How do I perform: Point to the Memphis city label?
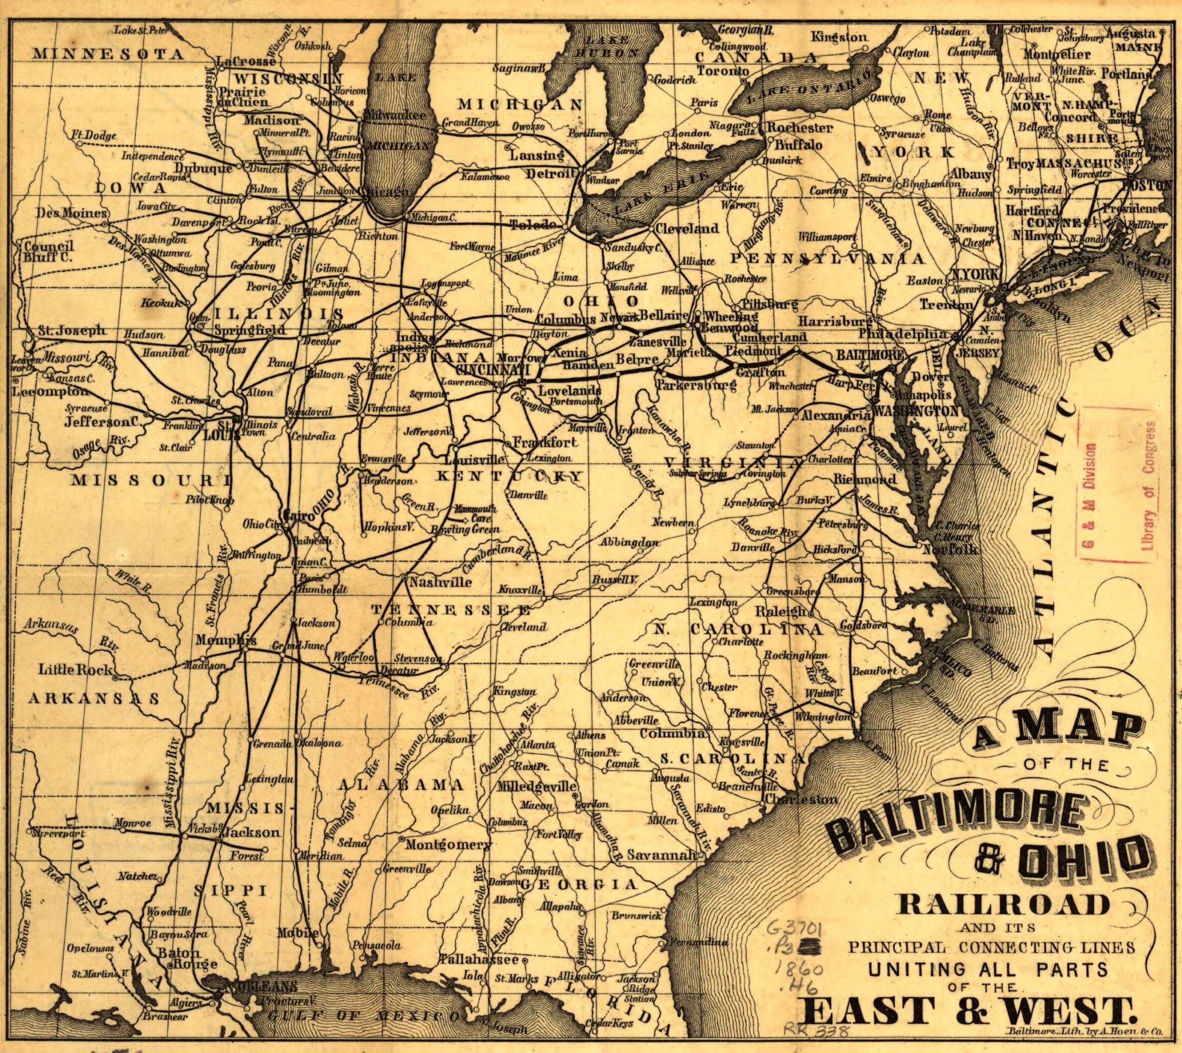click(x=226, y=640)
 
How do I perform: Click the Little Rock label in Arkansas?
click(x=75, y=669)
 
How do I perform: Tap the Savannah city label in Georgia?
click(x=660, y=854)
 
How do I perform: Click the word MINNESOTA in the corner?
click(x=108, y=54)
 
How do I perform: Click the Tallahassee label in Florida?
click(x=479, y=959)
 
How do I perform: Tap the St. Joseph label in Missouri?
click(x=72, y=330)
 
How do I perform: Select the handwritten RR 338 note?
click(x=816, y=1030)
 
